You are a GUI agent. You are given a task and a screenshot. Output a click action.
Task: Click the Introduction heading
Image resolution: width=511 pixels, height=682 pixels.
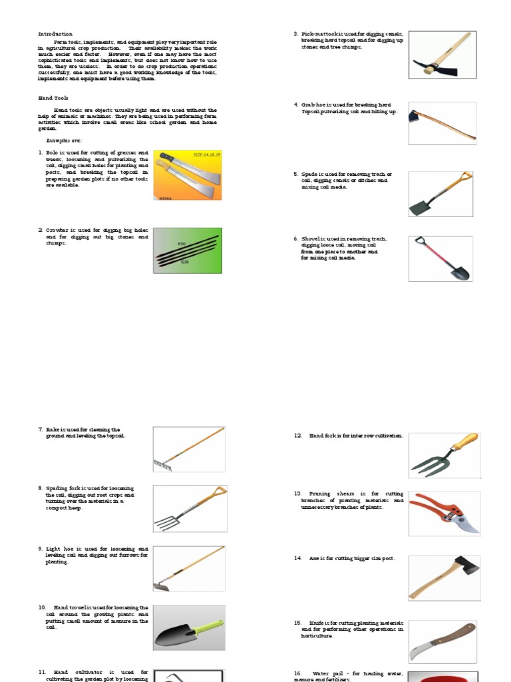(x=55, y=34)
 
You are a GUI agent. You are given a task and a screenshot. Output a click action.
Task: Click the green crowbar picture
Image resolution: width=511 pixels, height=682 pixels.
(x=188, y=250)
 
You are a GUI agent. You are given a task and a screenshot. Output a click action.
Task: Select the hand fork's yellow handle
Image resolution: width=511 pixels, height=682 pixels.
(x=464, y=441)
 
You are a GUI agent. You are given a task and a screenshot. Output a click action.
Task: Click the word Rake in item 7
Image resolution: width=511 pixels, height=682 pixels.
(x=53, y=430)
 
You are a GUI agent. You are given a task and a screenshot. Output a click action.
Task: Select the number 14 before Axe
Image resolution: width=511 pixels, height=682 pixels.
(x=298, y=559)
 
